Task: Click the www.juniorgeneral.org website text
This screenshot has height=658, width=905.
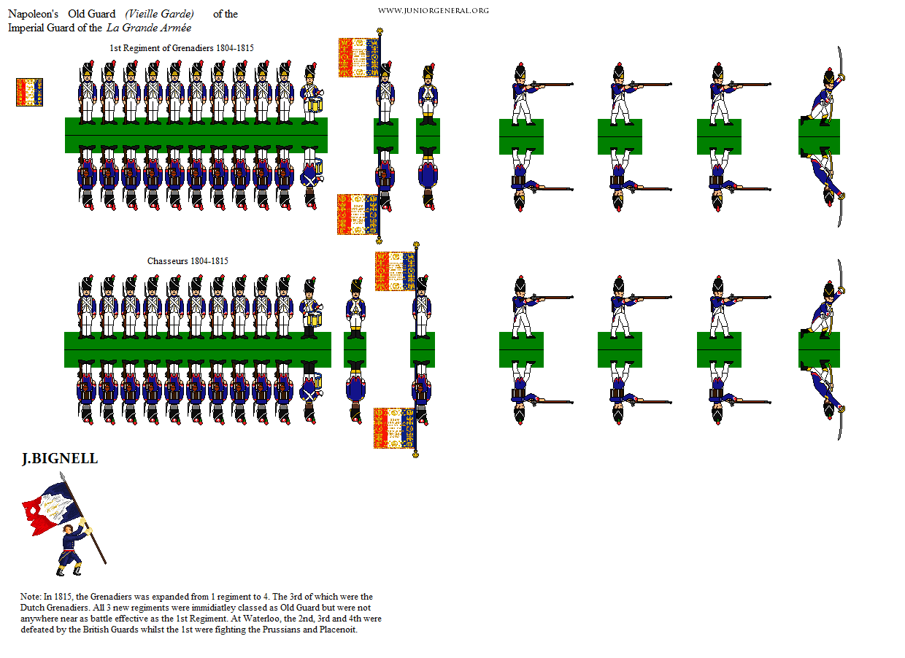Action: [433, 11]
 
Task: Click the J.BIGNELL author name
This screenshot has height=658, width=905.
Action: [60, 459]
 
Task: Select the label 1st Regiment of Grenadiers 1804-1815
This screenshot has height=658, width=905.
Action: [182, 48]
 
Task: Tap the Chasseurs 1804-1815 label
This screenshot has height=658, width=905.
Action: [188, 261]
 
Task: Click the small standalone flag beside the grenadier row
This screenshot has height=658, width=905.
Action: [29, 92]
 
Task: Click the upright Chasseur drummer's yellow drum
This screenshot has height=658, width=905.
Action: [315, 319]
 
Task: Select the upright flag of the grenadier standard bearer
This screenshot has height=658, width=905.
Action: [358, 58]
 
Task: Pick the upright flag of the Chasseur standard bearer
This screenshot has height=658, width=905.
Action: [395, 271]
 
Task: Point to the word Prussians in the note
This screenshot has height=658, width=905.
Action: [281, 630]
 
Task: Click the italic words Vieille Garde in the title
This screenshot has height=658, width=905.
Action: [160, 14]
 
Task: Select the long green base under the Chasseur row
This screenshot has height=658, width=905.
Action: [198, 350]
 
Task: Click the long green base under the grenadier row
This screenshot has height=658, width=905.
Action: [196, 135]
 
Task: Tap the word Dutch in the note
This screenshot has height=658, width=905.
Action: [32, 608]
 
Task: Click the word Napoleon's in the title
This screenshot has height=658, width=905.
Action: [33, 14]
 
